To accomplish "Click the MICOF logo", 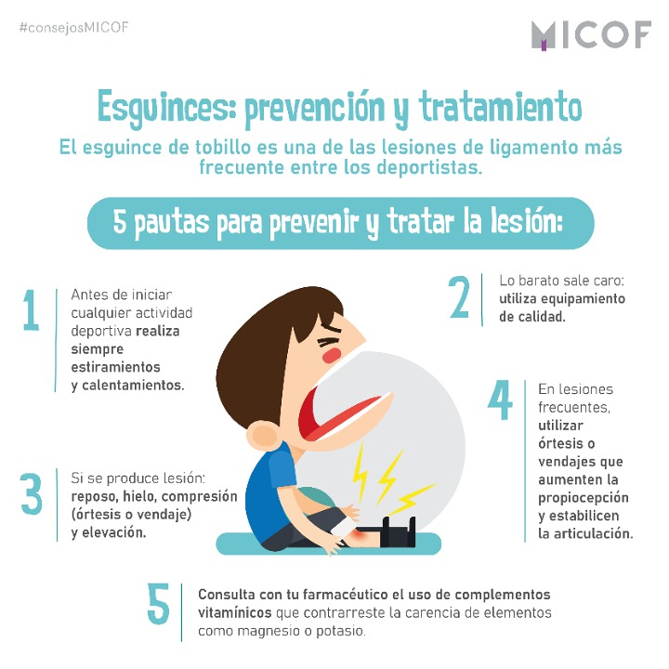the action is [x=591, y=35].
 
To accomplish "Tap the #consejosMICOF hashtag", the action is [x=73, y=28].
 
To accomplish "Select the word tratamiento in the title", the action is [x=501, y=107].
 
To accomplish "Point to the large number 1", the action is [x=31, y=309].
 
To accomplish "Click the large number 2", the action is [x=460, y=297].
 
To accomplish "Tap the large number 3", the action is [x=32, y=493].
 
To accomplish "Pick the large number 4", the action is [x=500, y=400].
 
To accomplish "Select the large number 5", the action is [x=158, y=603].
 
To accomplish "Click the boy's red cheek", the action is [x=332, y=355].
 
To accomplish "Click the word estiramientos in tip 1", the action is [x=115, y=367].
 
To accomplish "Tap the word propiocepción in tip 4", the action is [x=584, y=498].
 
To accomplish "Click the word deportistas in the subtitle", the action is [x=429, y=167].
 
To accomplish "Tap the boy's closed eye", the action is [x=329, y=343].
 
